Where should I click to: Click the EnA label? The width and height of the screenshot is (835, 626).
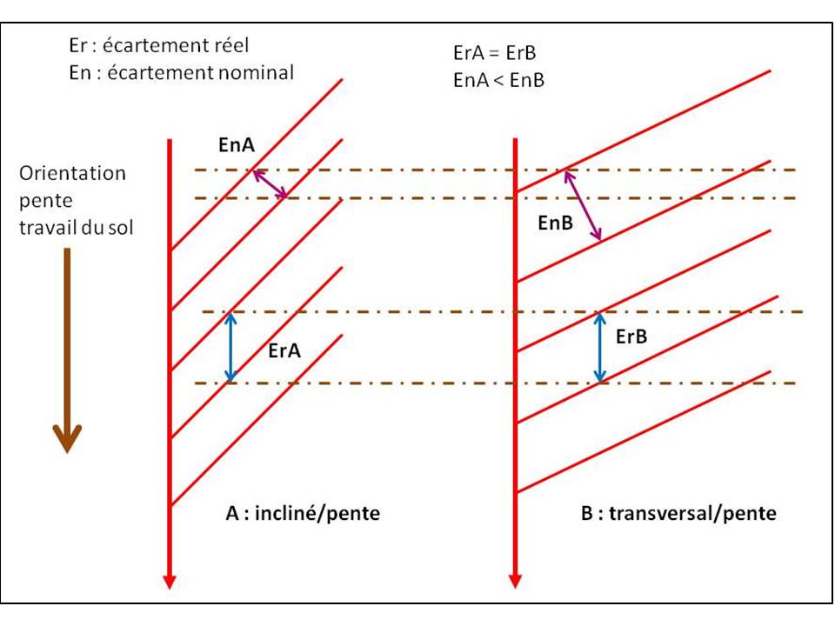click(x=237, y=145)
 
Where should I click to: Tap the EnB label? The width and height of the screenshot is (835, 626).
click(x=556, y=223)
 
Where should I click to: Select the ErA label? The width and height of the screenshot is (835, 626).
click(x=284, y=350)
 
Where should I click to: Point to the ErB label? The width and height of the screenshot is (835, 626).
click(x=631, y=336)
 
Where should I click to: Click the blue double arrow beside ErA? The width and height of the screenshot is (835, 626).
click(x=230, y=347)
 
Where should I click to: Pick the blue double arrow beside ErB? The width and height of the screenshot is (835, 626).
click(x=600, y=347)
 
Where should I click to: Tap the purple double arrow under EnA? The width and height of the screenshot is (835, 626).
click(x=270, y=183)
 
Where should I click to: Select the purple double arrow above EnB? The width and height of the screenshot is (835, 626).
click(x=583, y=205)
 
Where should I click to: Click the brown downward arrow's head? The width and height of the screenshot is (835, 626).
click(x=67, y=437)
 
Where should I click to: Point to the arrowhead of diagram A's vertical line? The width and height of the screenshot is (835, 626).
click(x=170, y=582)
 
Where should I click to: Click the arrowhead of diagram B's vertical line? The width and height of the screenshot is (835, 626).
click(x=515, y=582)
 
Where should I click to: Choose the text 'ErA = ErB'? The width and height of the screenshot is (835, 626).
click(x=495, y=53)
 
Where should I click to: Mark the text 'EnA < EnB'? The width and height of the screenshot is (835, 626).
click(x=499, y=80)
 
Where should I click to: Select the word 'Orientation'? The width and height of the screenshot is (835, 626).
click(x=72, y=173)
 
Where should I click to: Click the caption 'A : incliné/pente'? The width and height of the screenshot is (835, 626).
click(x=303, y=513)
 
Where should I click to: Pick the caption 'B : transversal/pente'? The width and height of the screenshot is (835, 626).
click(x=678, y=513)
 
